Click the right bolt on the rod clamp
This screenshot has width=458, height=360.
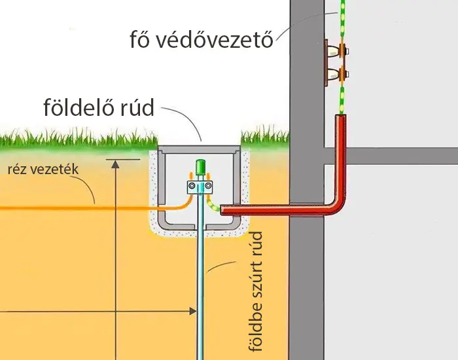208,188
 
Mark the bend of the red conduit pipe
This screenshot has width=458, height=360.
338,206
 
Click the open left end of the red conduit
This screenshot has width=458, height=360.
224,210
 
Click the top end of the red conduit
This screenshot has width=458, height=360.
341,118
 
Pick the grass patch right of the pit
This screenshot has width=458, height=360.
265,137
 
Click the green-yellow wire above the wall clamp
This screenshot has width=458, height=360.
341,20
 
